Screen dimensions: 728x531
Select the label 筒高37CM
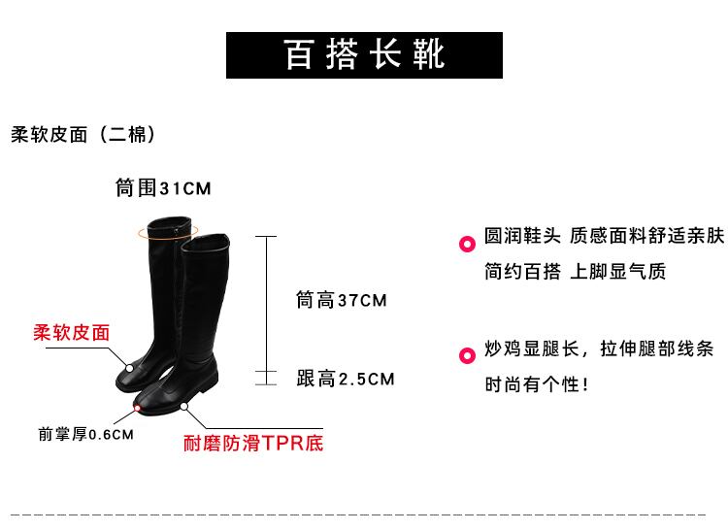pos(341,301)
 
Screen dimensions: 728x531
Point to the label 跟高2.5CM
pos(346,379)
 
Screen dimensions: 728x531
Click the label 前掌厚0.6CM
pos(85,435)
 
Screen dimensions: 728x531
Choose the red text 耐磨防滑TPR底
pos(253,444)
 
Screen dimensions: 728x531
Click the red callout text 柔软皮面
pos(72,332)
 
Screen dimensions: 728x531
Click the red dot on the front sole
pos(138,411)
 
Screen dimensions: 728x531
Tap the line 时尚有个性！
pos(537,384)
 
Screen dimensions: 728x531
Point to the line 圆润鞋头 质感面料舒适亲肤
pos(604,237)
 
